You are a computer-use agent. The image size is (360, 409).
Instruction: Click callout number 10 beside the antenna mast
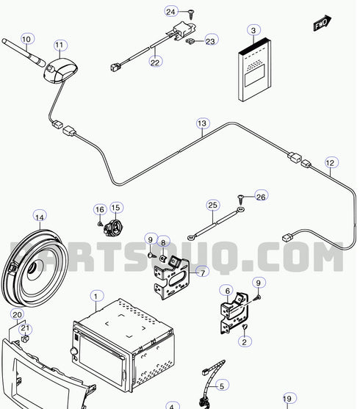(x=27, y=38)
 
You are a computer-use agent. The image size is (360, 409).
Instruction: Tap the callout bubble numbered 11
(x=60, y=45)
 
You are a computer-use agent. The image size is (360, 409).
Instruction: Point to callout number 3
(x=253, y=31)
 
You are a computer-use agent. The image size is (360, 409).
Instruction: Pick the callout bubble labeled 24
(x=170, y=12)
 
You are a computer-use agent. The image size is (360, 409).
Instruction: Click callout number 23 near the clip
(x=210, y=42)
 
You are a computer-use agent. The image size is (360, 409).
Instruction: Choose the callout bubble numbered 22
(x=155, y=62)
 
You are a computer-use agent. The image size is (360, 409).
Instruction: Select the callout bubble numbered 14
(x=40, y=217)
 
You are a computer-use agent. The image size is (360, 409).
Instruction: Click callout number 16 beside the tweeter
(x=99, y=209)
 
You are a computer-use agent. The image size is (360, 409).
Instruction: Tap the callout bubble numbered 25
(x=212, y=204)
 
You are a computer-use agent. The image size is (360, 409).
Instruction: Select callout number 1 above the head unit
(x=96, y=296)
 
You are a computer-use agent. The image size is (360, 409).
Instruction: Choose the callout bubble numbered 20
(x=17, y=314)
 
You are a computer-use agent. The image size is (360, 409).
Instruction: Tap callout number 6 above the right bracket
(x=228, y=290)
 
